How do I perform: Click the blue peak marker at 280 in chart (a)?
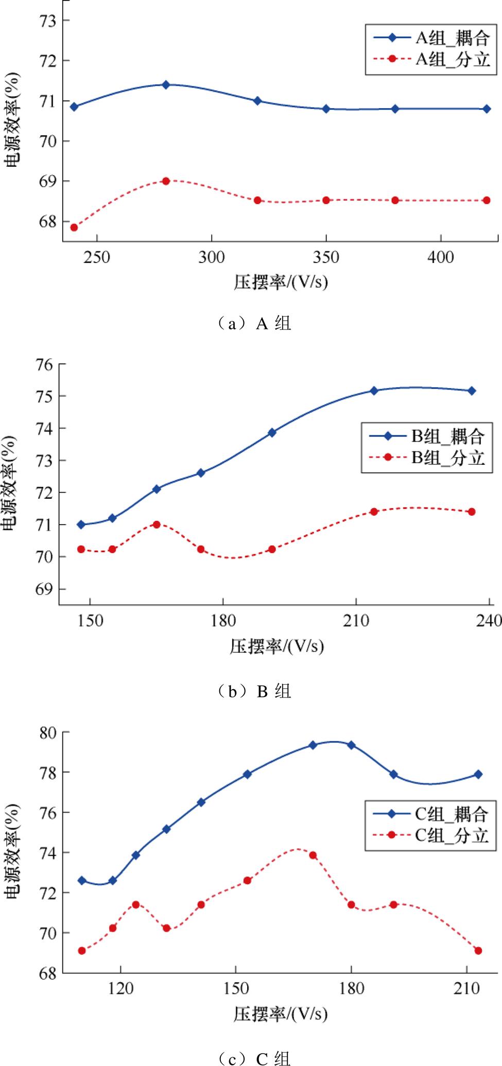[166, 84]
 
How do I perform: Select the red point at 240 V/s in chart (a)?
[74, 228]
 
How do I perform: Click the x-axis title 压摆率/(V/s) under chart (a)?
[281, 283]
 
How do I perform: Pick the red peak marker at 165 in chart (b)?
[157, 525]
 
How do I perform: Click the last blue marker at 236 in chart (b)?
[471, 391]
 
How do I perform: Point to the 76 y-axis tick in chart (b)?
[44, 364]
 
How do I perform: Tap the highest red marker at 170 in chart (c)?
[313, 855]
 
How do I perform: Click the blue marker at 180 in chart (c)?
[351, 745]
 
